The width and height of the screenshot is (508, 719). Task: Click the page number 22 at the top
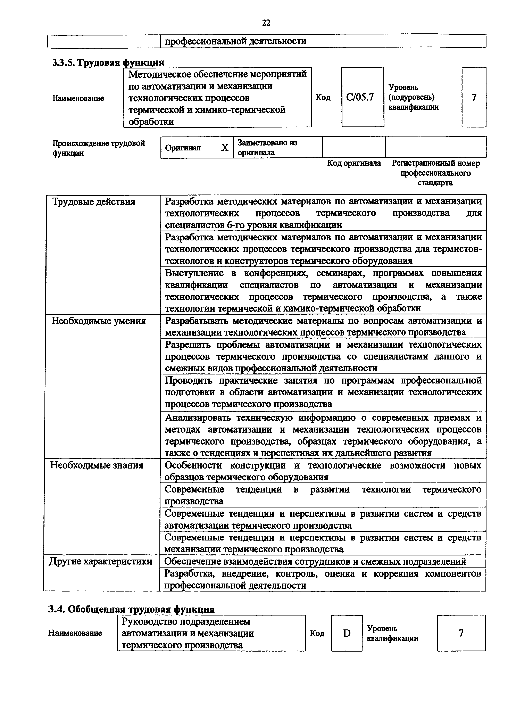266,23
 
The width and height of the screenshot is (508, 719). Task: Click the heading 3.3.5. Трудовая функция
108,63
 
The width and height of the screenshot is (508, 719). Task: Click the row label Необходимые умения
99,321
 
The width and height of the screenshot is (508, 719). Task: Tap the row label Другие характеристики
100,561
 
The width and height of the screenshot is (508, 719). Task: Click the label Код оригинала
354,163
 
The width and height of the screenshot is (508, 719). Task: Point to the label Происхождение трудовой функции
99,148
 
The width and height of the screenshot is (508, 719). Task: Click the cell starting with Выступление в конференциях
323,291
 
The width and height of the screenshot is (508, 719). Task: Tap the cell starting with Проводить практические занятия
323,392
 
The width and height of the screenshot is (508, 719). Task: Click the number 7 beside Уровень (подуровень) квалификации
474,97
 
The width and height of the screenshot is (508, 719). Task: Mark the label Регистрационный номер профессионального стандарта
435,173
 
